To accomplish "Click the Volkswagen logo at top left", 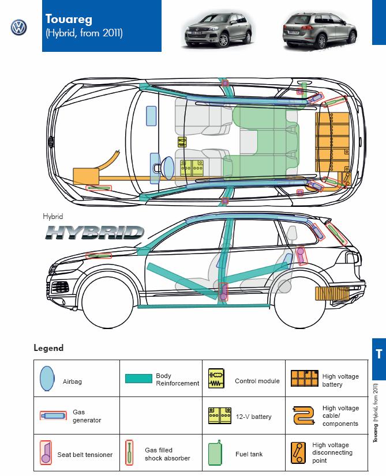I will (19, 27).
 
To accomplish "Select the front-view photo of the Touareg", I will (217, 29).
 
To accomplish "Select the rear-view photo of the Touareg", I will (316, 29).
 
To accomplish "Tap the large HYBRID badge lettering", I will (95, 232).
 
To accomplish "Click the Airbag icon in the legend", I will (46, 378).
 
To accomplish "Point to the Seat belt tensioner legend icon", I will (46, 452).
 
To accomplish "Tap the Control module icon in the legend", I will (216, 379).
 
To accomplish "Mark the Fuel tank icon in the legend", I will (216, 452).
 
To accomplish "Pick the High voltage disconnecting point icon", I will (298, 452).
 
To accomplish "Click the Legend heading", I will (48, 348).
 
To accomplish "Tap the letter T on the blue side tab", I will (378, 354).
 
